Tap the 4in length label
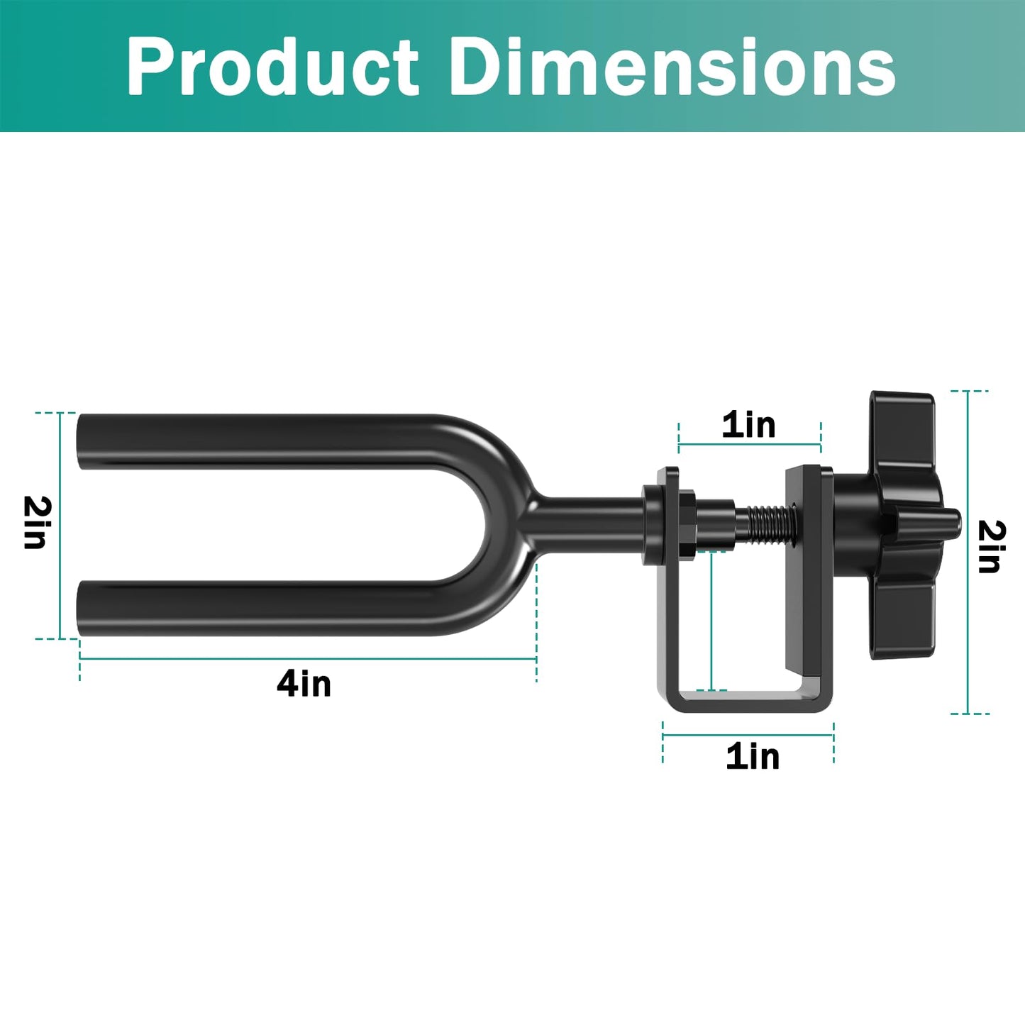click(x=304, y=684)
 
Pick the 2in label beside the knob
click(x=991, y=546)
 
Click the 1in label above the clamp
click(x=748, y=425)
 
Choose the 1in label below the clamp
click(x=753, y=756)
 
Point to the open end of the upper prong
click(x=82, y=441)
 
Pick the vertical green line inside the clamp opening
click(x=711, y=621)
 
